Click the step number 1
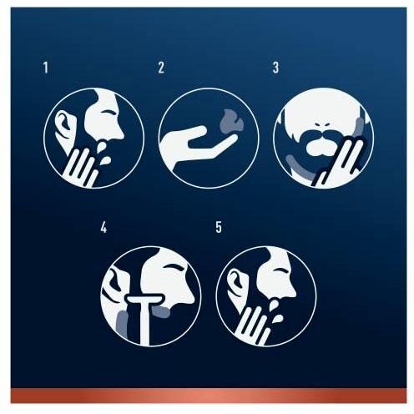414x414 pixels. [46, 68]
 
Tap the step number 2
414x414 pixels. [161, 68]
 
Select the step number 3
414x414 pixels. [275, 68]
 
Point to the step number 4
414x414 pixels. [103, 227]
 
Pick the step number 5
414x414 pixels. [219, 227]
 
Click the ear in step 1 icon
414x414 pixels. [64, 122]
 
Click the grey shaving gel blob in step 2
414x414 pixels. [231, 121]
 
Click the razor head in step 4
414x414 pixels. [144, 300]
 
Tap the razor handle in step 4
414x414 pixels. [144, 324]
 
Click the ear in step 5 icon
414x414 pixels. [236, 281]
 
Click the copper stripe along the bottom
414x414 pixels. [209, 395]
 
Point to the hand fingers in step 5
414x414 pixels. [253, 325]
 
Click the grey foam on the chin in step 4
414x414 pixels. [161, 311]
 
